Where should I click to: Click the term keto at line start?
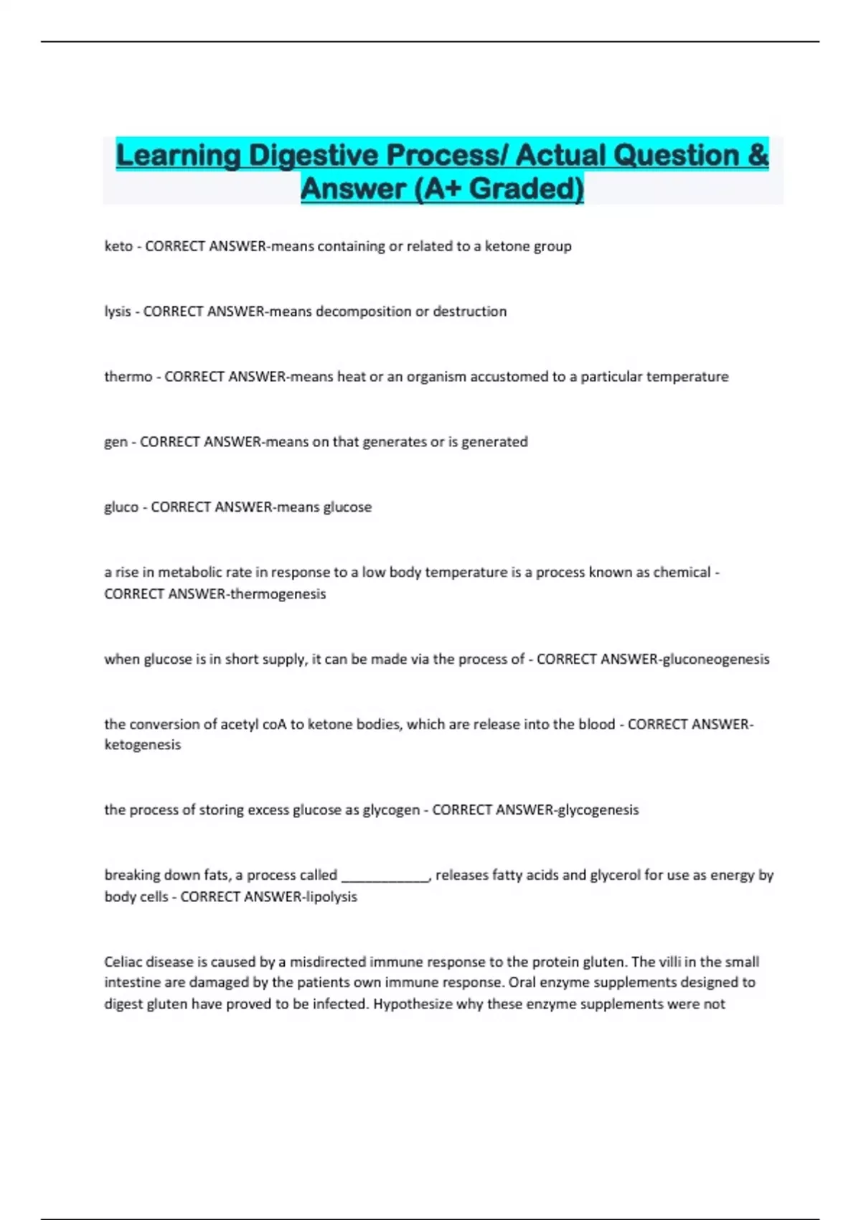click(x=118, y=246)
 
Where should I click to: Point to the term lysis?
click(x=117, y=311)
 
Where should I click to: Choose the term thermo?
click(x=128, y=377)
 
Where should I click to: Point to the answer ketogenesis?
click(x=142, y=745)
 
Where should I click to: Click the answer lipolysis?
click(x=331, y=896)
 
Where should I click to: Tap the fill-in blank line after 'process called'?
click(x=385, y=876)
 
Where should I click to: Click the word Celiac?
click(x=124, y=962)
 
